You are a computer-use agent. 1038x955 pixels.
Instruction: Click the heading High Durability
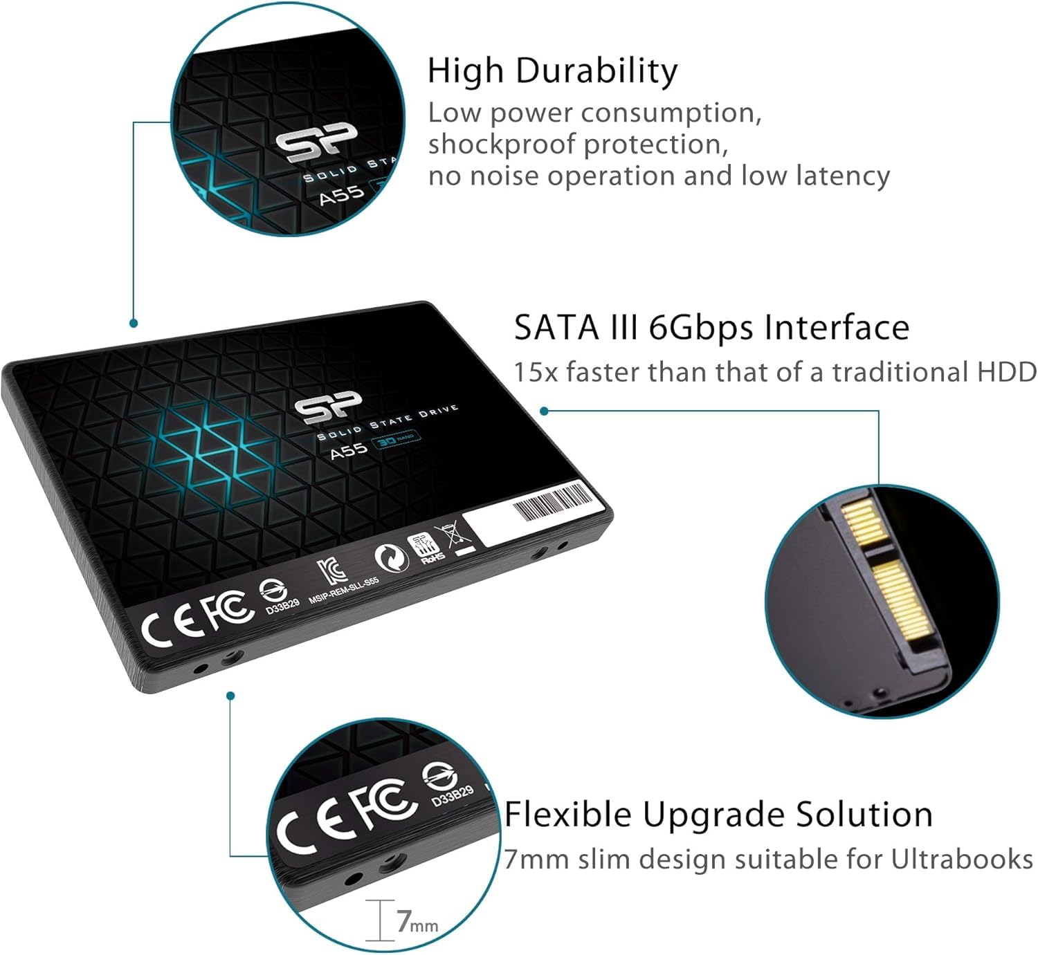point(552,71)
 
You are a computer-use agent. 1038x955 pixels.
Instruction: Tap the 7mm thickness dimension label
point(417,922)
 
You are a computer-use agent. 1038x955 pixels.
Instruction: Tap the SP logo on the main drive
point(329,409)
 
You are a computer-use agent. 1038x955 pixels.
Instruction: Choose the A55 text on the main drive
point(348,449)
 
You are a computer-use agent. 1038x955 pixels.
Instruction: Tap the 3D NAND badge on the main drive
point(394,438)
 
